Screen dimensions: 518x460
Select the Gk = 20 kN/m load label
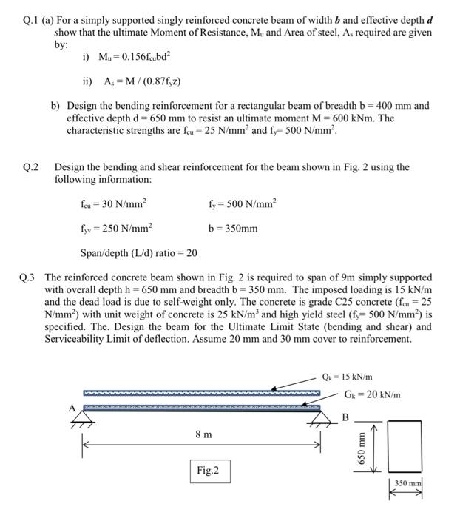[x=372, y=394]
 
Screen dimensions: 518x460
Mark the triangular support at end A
[x=76, y=419]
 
